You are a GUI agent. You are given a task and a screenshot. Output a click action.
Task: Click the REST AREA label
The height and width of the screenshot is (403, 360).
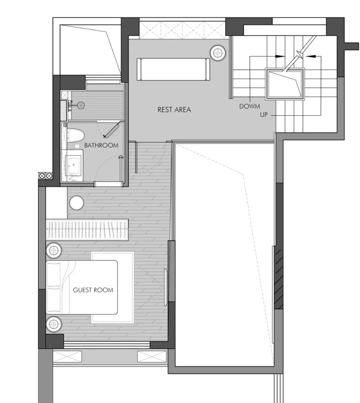click(174, 110)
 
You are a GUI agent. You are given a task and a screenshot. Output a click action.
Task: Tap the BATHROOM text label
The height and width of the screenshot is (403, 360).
click(101, 145)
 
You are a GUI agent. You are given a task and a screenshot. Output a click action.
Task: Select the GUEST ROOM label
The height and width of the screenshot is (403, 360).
click(93, 290)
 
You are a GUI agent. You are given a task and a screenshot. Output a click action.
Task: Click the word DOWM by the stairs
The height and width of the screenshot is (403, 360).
click(249, 106)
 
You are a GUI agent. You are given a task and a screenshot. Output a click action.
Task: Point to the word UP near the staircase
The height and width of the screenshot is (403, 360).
click(264, 115)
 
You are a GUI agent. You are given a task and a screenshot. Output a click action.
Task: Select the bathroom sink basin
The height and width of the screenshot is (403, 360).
click(73, 165)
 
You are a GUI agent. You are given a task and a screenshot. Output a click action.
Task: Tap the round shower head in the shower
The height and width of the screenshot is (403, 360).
click(81, 105)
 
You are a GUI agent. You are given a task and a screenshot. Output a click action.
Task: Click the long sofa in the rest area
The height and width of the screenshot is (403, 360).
click(173, 69)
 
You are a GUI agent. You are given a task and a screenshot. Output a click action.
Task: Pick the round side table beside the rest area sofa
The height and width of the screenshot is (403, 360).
click(218, 53)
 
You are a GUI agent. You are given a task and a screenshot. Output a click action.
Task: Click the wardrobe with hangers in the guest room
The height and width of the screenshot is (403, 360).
click(87, 230)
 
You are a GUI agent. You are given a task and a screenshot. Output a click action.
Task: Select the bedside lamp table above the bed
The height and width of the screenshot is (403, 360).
click(54, 250)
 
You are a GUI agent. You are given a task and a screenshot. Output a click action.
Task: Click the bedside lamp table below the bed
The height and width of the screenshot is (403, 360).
click(54, 324)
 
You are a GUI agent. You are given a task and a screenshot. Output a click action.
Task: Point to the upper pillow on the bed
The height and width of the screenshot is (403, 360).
click(54, 274)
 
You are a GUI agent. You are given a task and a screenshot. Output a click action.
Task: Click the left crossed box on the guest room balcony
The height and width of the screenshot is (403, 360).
click(67, 357)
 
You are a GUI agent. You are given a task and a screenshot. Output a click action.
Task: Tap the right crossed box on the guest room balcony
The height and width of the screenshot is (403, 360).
click(152, 357)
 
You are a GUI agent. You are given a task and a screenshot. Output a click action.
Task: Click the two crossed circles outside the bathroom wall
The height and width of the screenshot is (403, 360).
click(45, 176)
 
